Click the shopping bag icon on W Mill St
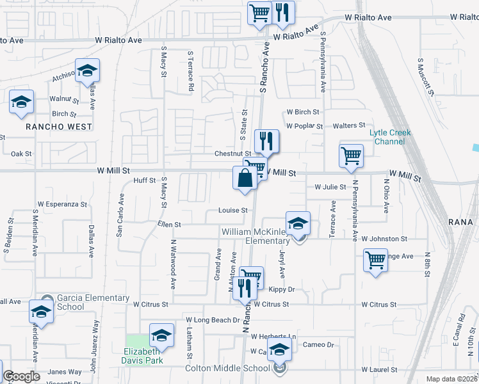(245, 178)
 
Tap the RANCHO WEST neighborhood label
(59, 127)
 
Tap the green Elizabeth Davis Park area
(136, 344)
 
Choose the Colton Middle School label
(227, 368)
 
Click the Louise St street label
(232, 210)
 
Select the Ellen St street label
(170, 225)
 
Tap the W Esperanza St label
(61, 204)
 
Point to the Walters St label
(352, 125)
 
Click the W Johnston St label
(384, 239)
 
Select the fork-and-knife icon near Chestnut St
(266, 141)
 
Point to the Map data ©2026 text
(452, 379)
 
